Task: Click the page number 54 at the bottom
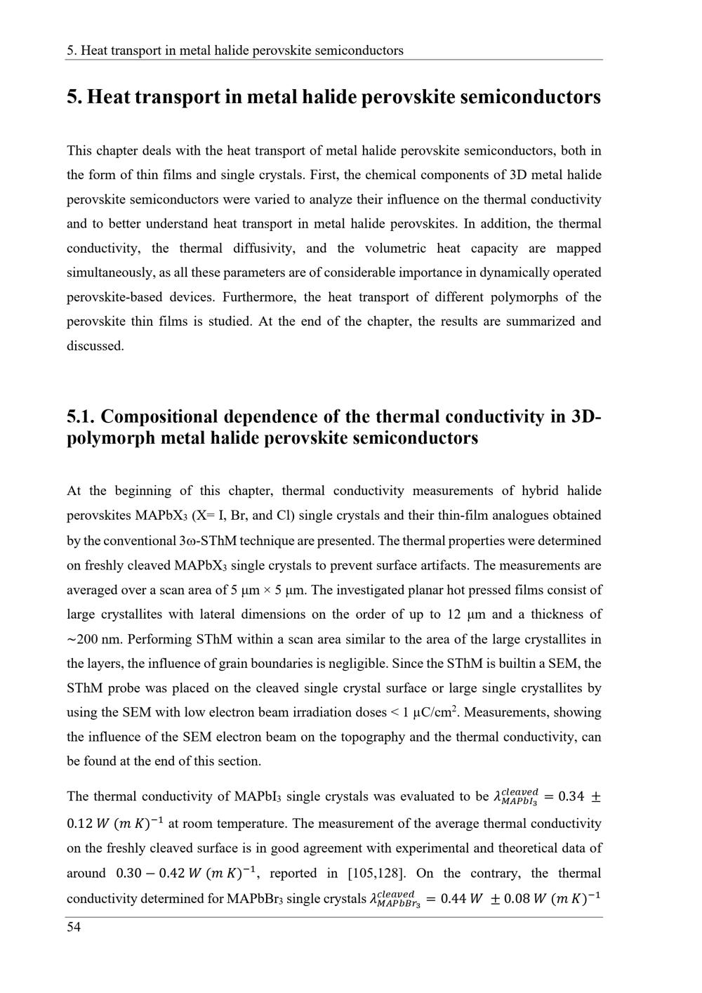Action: click(x=74, y=928)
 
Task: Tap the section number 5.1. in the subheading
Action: click(x=81, y=416)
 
